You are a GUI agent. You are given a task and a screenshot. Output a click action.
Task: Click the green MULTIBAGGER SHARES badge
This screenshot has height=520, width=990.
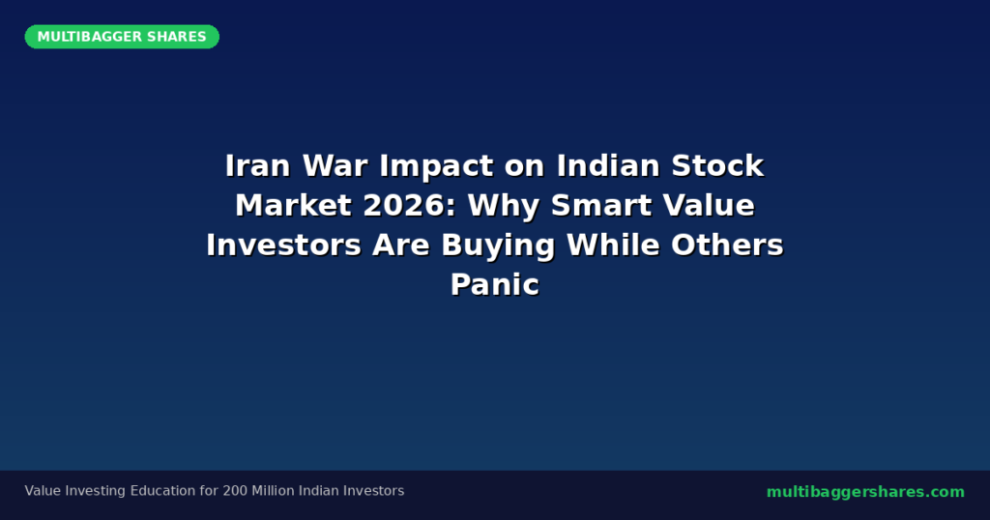pyautogui.click(x=122, y=37)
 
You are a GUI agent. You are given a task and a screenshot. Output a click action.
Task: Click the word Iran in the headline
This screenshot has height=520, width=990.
pyautogui.click(x=257, y=166)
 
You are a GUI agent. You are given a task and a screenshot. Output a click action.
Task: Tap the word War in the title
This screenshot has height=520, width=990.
pyautogui.click(x=335, y=166)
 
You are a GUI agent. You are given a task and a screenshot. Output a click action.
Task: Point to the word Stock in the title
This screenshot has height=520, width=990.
pyautogui.click(x=717, y=166)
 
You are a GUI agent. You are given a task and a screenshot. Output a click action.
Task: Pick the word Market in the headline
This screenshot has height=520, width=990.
pyautogui.click(x=293, y=206)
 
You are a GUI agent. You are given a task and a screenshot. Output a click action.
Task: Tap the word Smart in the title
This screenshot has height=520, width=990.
pyautogui.click(x=601, y=206)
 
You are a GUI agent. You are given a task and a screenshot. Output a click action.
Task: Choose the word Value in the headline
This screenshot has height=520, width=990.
pyautogui.click(x=709, y=206)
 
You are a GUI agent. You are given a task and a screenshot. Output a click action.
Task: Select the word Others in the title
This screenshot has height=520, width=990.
pyautogui.click(x=727, y=245)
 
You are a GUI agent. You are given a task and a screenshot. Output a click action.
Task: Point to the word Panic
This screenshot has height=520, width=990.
pyautogui.click(x=495, y=284)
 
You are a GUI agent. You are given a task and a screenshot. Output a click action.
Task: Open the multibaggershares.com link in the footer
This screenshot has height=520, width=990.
pyautogui.click(x=865, y=492)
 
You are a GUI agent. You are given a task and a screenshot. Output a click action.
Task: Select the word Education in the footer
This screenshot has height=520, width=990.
pyautogui.click(x=162, y=491)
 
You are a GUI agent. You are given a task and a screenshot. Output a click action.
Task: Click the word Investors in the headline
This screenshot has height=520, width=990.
pyautogui.click(x=283, y=245)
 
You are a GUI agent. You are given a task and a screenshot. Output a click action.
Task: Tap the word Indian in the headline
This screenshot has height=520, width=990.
pyautogui.click(x=607, y=166)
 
